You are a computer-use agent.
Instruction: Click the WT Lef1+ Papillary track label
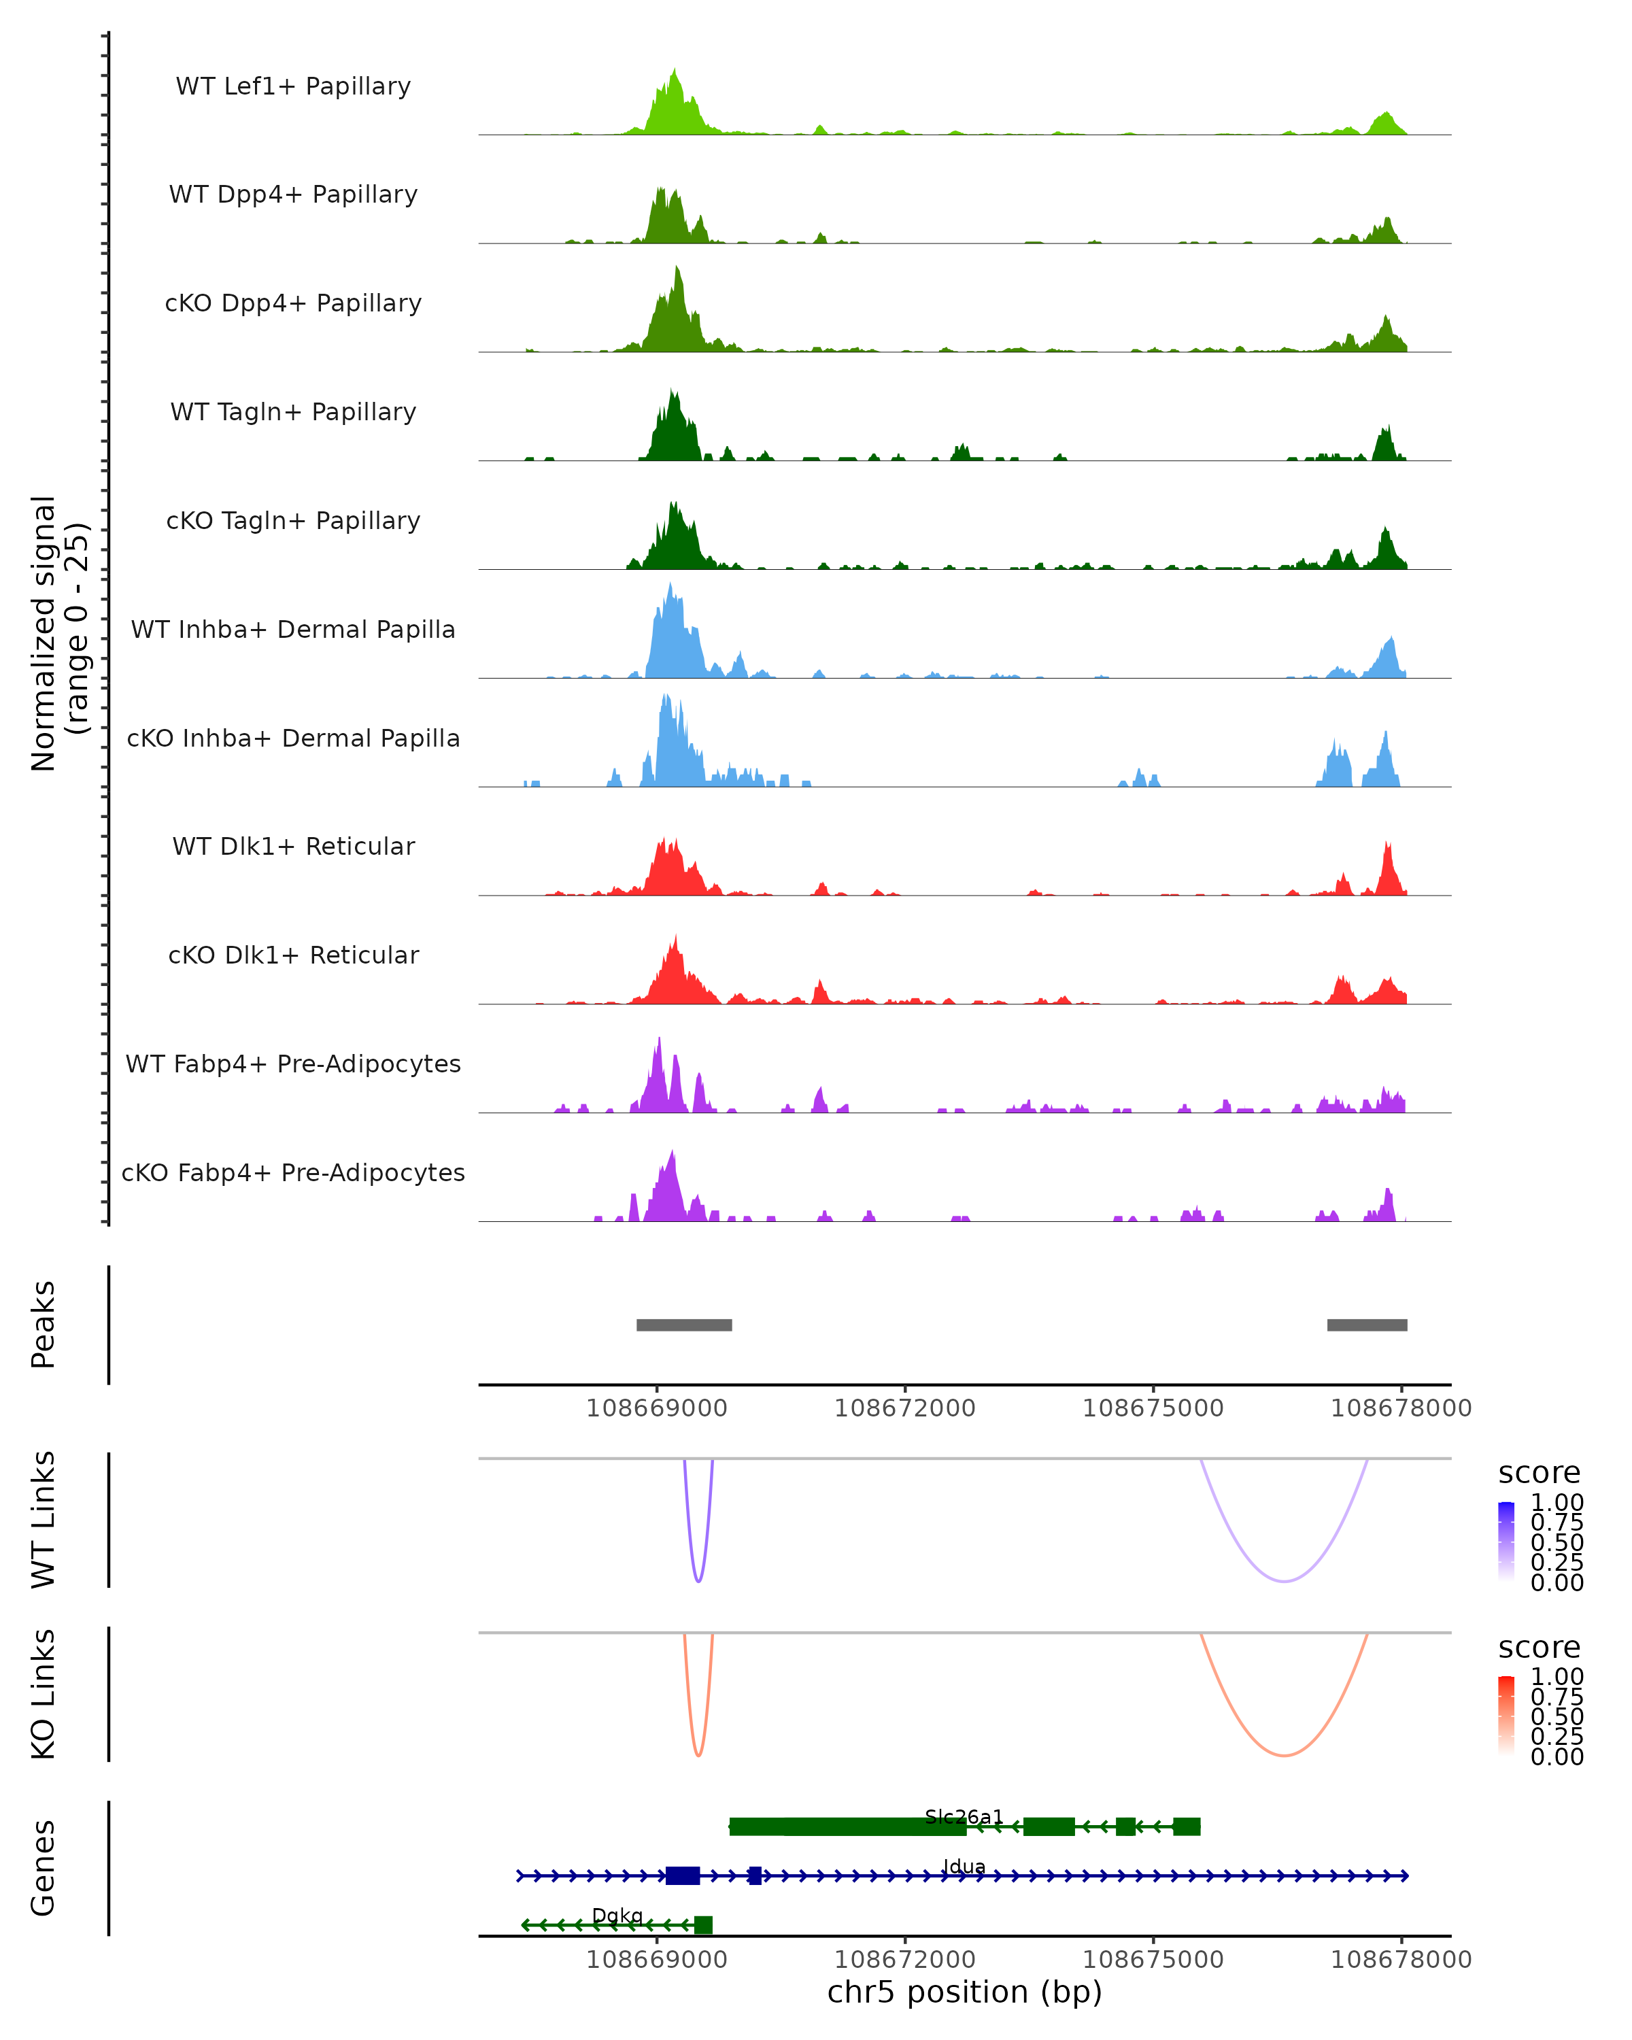(x=293, y=86)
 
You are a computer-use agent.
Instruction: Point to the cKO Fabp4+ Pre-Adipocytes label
(x=293, y=1172)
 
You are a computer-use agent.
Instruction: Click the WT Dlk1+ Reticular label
(x=293, y=846)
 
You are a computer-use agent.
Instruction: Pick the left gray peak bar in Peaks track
(x=684, y=1325)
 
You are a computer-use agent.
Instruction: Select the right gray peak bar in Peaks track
(x=1367, y=1325)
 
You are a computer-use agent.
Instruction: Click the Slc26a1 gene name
(x=964, y=1817)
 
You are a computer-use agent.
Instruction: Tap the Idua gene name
(x=964, y=1867)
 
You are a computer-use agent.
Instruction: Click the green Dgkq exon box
(x=703, y=1924)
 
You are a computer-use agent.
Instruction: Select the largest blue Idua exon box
(x=683, y=1875)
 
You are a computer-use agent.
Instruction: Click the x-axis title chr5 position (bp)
(x=964, y=1992)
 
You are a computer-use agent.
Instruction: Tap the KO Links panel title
(x=44, y=1694)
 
